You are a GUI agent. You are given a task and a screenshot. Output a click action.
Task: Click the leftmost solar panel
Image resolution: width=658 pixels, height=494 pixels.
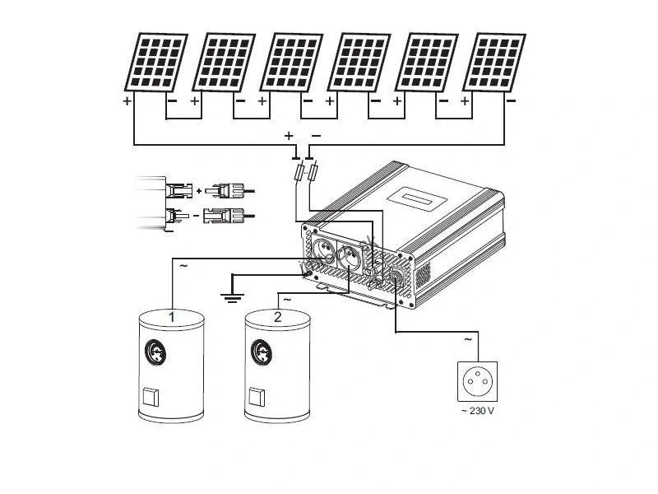point(155,62)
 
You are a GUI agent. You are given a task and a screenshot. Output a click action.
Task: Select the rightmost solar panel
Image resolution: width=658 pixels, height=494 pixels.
point(493,62)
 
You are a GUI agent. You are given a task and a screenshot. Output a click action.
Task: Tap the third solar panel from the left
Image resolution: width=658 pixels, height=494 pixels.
point(290,62)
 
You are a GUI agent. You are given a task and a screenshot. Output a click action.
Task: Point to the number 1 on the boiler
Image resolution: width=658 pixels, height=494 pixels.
point(171,315)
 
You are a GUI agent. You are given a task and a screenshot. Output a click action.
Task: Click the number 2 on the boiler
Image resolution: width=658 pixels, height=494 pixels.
point(277,316)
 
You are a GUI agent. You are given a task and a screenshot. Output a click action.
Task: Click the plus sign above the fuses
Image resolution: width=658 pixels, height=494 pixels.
point(289,135)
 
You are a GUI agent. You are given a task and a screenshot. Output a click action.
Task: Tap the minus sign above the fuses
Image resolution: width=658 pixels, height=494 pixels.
point(316,135)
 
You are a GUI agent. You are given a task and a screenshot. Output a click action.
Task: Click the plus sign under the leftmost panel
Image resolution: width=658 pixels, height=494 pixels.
point(127,101)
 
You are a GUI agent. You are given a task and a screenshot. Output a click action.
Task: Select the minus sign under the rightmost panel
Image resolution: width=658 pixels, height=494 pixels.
point(511,101)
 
